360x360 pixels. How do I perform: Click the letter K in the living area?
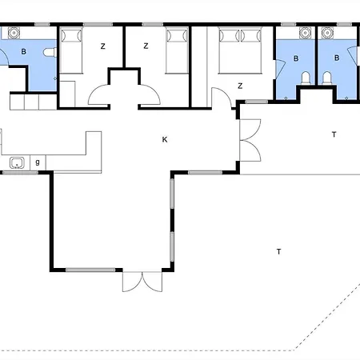coord(165,139)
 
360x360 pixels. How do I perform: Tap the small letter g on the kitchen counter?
coord(38,162)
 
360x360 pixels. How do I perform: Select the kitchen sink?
coord(17,162)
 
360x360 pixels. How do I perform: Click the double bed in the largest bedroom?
coord(240,50)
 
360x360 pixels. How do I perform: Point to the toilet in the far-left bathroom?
coord(50,52)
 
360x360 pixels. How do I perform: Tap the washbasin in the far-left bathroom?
coord(14,33)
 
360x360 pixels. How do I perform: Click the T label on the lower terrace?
coord(278,251)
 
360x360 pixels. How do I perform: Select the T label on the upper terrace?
coord(334,134)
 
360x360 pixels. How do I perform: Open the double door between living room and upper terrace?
coord(250,140)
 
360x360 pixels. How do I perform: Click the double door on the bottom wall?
coord(142,282)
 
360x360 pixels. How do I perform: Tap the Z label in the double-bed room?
coord(240,86)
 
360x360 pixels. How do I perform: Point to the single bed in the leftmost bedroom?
coord(71,50)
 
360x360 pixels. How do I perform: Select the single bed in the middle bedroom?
coord(177,50)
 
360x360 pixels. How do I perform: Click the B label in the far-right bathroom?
coord(337,58)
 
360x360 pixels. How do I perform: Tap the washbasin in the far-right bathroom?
coord(327,33)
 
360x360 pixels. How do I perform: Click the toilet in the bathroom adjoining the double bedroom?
coord(306,78)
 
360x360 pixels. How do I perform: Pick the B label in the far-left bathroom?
coord(24,51)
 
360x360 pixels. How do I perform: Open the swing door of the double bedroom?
coord(222,98)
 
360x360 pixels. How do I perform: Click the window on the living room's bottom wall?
coord(90,270)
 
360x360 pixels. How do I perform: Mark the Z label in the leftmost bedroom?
coord(103,46)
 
